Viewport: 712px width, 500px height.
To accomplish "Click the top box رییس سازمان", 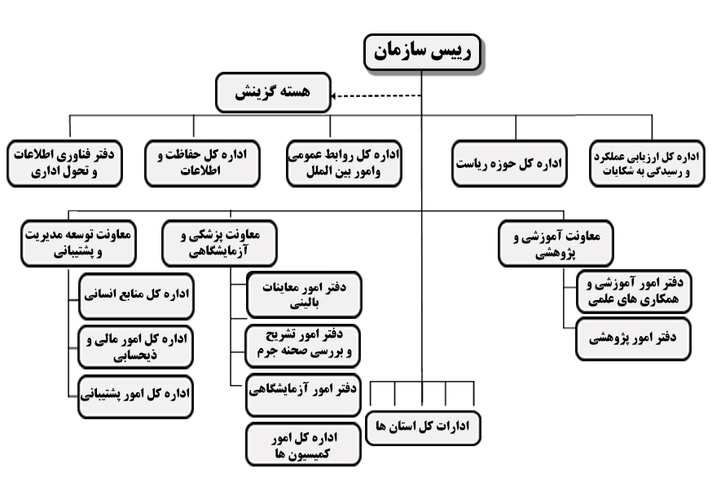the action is (x=422, y=52).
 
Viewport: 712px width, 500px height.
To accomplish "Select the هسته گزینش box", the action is (x=273, y=92).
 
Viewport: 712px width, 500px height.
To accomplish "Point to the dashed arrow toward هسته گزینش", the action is (x=376, y=96).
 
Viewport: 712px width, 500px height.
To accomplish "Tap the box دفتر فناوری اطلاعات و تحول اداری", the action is (x=64, y=163).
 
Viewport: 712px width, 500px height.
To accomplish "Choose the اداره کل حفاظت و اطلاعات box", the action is (x=202, y=163).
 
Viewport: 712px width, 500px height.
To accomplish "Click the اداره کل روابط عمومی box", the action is (x=344, y=163).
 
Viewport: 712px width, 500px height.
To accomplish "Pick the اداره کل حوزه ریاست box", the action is (x=509, y=163).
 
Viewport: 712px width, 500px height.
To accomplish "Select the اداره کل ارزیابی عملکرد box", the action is (x=647, y=163).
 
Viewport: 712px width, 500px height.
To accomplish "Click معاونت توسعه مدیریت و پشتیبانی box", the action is (x=78, y=243).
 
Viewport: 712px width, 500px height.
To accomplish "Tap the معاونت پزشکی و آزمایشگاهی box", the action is (x=219, y=243).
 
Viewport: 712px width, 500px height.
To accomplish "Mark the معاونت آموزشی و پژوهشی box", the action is (x=556, y=243).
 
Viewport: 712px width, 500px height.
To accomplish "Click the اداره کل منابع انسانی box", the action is (x=136, y=296).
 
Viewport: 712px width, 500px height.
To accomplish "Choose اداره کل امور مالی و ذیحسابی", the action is (x=135, y=347).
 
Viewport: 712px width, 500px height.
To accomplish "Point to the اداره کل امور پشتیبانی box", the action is (x=135, y=396).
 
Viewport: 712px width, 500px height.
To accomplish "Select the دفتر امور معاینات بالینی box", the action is (x=304, y=294).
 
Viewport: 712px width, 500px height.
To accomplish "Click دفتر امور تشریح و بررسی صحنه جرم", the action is (x=302, y=346).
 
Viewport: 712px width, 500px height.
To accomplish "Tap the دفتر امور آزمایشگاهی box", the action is (x=303, y=395).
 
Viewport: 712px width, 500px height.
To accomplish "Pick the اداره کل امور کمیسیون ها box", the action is (x=303, y=445).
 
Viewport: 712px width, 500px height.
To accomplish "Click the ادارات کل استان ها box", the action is (x=423, y=428).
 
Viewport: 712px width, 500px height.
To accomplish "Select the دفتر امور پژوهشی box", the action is (x=633, y=339).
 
